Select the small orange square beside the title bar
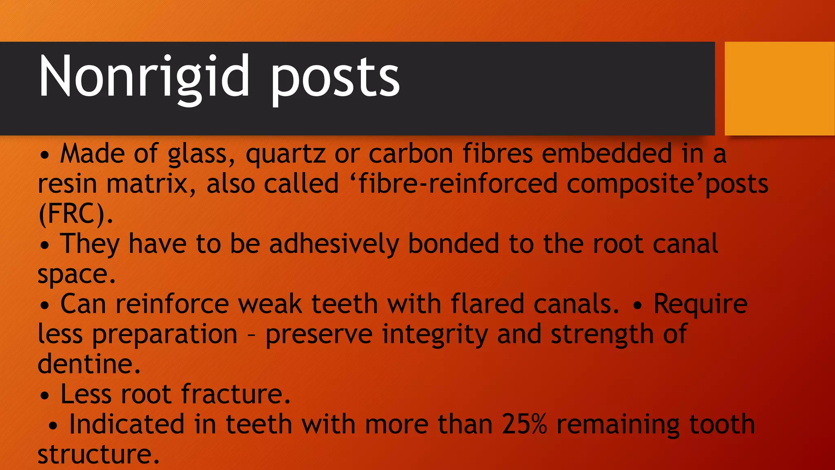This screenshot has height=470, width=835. pyautogui.click(x=779, y=88)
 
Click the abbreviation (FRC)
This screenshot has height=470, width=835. pyautogui.click(x=75, y=213)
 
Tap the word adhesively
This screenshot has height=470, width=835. pyautogui.click(x=334, y=244)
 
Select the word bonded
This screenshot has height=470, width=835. pyautogui.click(x=453, y=244)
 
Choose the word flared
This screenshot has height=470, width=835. pyautogui.click(x=487, y=304)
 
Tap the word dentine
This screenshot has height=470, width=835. pyautogui.click(x=89, y=364)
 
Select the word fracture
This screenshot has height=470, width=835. pyautogui.click(x=236, y=394)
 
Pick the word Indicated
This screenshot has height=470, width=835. pyautogui.click(x=127, y=424)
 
